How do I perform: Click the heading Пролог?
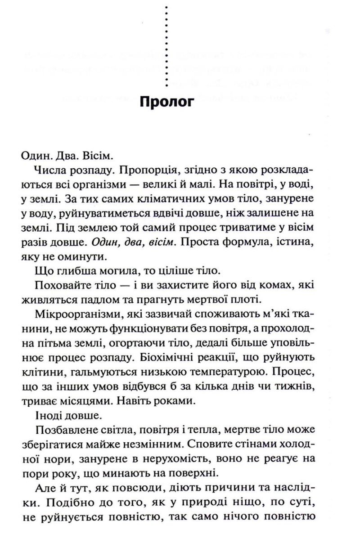click(167, 102)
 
